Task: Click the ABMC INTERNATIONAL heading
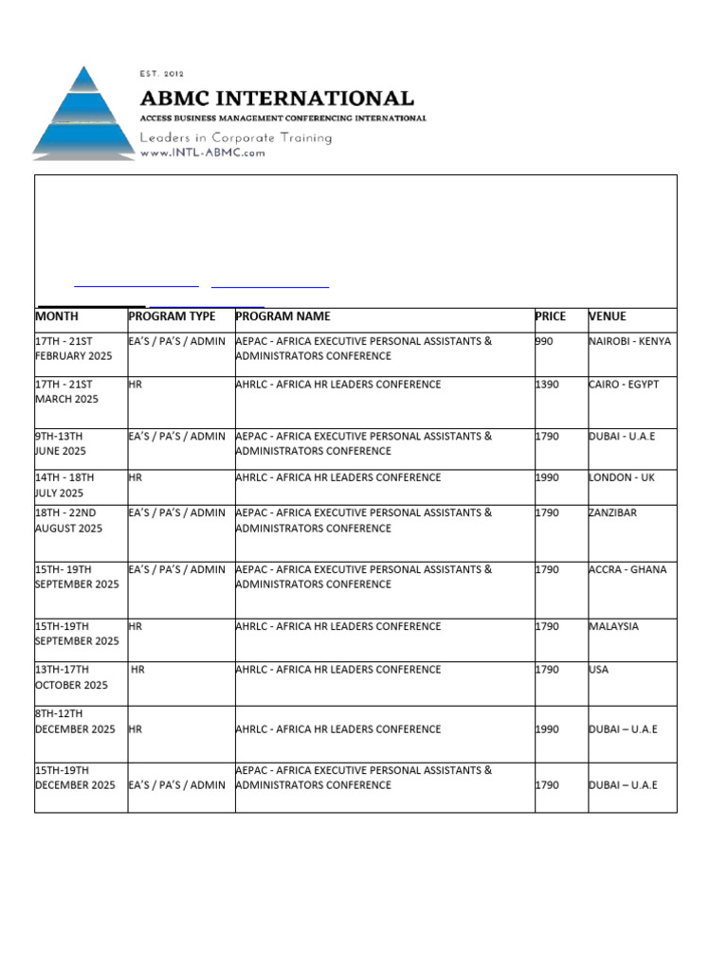277,99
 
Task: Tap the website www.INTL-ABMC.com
203,153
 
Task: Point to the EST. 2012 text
162,74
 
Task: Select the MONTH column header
57,316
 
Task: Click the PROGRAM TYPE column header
172,316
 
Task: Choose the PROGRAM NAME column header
282,316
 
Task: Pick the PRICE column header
550,316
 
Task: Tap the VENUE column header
607,316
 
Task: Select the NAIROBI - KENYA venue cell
629,341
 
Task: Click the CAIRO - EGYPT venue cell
623,385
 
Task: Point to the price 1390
547,385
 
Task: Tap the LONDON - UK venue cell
621,477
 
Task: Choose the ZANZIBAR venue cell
612,512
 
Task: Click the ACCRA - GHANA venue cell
627,569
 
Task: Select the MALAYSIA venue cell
613,626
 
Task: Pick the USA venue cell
598,670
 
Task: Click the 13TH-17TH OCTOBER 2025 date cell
71,677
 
